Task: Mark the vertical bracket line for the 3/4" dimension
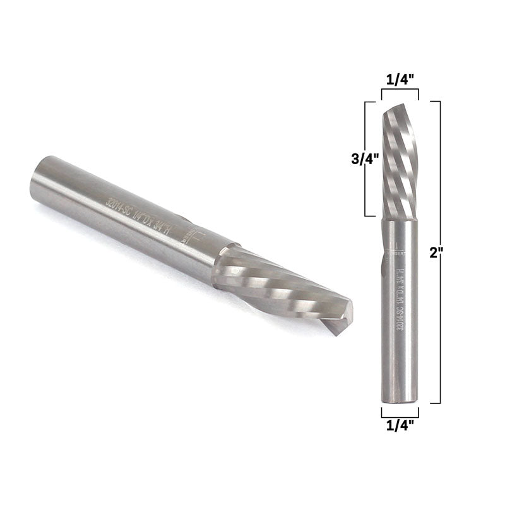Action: tap(365, 158)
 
